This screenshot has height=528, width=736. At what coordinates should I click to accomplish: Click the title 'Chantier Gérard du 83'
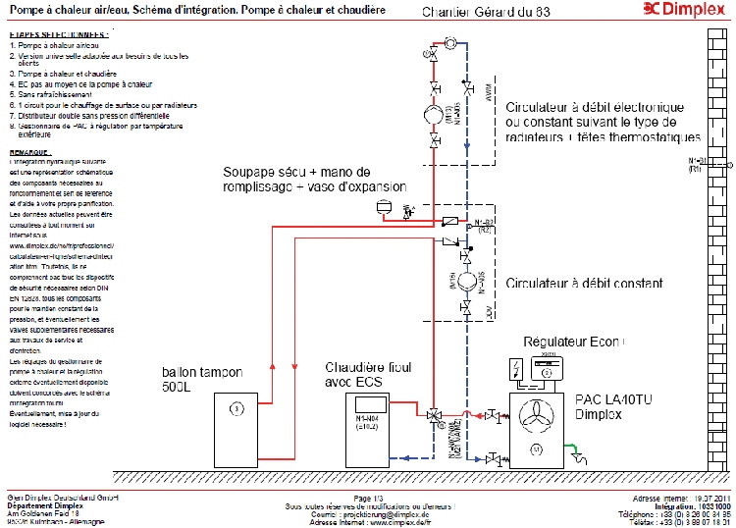tap(473, 12)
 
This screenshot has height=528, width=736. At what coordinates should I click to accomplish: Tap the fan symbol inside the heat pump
tap(536, 415)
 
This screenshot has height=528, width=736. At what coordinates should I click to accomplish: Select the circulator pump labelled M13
tap(433, 116)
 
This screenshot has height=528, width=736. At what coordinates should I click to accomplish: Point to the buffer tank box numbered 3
tap(235, 407)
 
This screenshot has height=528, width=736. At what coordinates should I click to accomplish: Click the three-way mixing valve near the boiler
tap(433, 416)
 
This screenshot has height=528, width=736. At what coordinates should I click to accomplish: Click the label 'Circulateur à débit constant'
tap(584, 283)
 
